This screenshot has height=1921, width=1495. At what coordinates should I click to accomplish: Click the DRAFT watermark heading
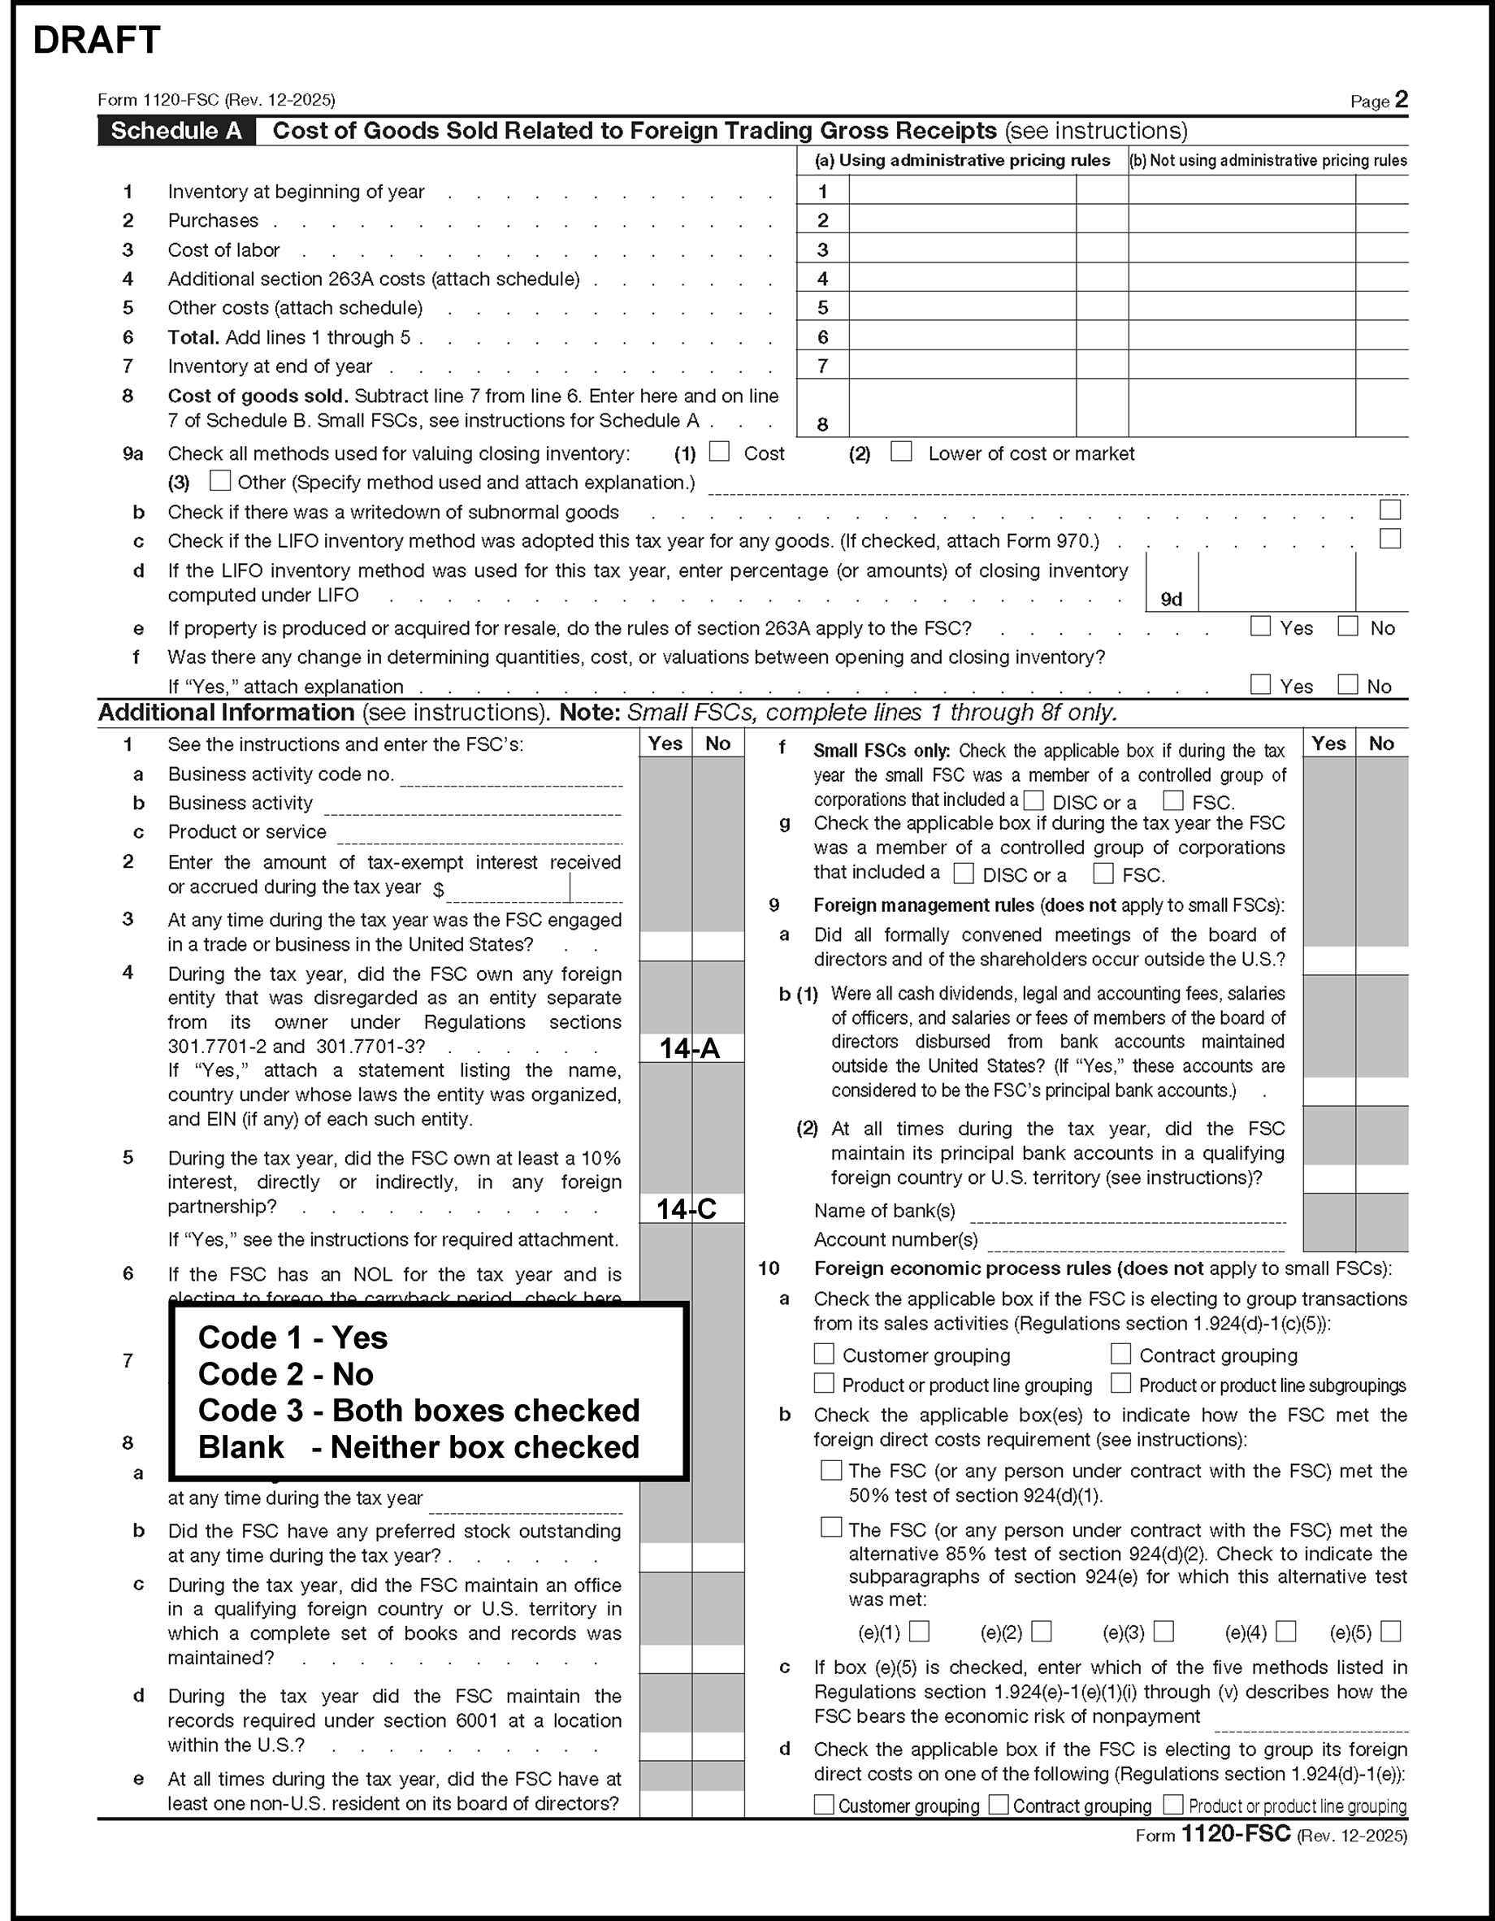click(x=97, y=41)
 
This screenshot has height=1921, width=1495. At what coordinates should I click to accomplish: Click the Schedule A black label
click(x=175, y=131)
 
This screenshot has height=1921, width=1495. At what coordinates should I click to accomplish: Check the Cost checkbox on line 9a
click(x=719, y=452)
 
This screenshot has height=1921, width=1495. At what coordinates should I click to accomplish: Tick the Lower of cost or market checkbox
click(x=901, y=452)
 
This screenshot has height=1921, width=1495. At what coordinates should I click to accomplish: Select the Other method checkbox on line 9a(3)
click(x=220, y=481)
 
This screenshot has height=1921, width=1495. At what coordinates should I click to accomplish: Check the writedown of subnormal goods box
click(x=1389, y=510)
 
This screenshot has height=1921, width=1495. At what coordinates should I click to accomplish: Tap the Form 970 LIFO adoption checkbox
click(x=1389, y=538)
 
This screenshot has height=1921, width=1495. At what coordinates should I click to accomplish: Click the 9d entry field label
click(x=1172, y=600)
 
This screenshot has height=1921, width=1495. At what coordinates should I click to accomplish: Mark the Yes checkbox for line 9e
click(x=1260, y=627)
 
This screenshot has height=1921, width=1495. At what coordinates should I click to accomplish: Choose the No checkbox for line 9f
click(x=1347, y=684)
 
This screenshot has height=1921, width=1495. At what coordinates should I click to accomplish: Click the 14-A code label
click(x=691, y=1048)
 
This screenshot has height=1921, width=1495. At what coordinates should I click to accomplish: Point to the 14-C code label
click(x=687, y=1209)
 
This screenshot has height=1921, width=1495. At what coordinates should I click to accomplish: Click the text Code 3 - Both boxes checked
click(x=418, y=1411)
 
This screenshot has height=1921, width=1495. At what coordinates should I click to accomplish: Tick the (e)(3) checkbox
click(x=1163, y=1632)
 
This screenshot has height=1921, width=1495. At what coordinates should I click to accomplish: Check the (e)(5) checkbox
click(x=1390, y=1632)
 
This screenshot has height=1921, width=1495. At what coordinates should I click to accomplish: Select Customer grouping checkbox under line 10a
click(x=824, y=1354)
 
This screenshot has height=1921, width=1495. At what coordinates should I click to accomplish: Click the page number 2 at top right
click(x=1401, y=100)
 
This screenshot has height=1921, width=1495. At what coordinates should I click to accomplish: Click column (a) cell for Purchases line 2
click(x=962, y=220)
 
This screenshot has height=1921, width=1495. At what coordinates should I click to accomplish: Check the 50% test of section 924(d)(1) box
click(x=830, y=1470)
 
